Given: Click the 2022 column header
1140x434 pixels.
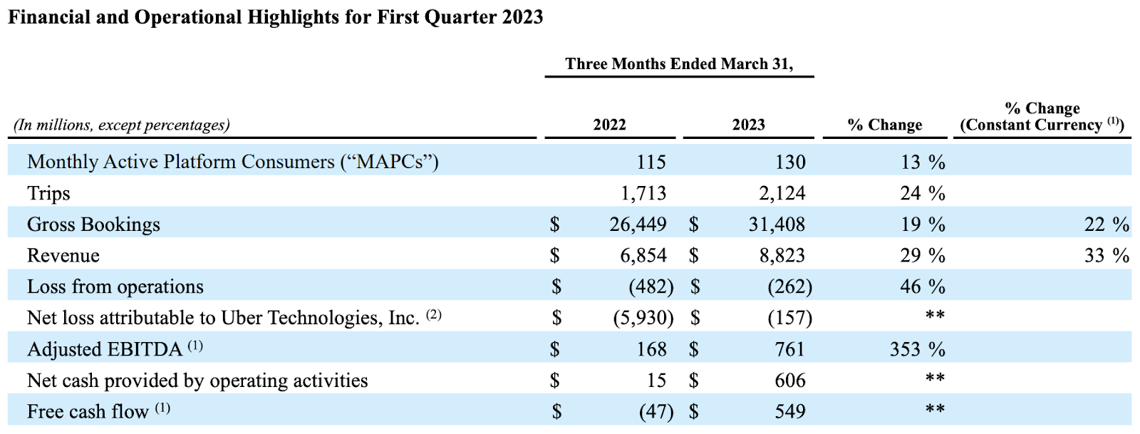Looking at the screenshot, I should pos(609,125).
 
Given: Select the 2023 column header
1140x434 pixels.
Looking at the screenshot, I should pos(748,125).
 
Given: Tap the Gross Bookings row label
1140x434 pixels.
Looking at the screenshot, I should pos(93,224).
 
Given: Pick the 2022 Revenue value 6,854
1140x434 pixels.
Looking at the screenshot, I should pos(643,256).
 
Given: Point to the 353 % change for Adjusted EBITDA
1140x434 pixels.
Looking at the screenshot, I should pos(917,349).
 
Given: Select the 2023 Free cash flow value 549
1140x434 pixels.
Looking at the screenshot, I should pos(789,412).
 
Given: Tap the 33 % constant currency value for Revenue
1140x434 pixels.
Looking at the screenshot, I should pos(1106,256).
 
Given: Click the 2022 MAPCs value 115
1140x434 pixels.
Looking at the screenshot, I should pos(651,162).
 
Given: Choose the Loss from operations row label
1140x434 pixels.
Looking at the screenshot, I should pos(115,286).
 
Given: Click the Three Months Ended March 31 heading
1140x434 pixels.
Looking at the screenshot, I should pos(679,64).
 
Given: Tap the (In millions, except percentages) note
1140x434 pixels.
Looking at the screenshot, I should pos(122,125).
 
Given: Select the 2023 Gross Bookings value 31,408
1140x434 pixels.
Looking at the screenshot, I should pos(777,224).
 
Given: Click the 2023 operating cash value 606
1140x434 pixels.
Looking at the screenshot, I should pos(789,381).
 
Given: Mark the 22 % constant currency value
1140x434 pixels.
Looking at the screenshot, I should pos(1106,224).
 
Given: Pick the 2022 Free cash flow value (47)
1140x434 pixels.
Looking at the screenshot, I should pos(651,412).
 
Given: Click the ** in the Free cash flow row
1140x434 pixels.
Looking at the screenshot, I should pos(935,409).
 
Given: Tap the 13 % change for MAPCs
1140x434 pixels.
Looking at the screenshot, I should pos(922,162).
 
